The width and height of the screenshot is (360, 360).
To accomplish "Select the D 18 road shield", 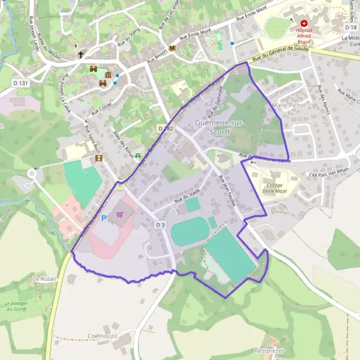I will (351, 28).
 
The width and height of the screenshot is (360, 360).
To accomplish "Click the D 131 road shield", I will (20, 83).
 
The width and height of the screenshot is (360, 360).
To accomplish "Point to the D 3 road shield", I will (160, 224).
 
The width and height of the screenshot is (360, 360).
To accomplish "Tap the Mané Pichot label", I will (289, 105).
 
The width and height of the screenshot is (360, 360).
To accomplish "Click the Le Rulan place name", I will (44, 279).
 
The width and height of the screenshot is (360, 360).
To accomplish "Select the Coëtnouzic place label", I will (103, 336).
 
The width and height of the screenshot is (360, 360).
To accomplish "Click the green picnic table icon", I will (139, 156).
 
